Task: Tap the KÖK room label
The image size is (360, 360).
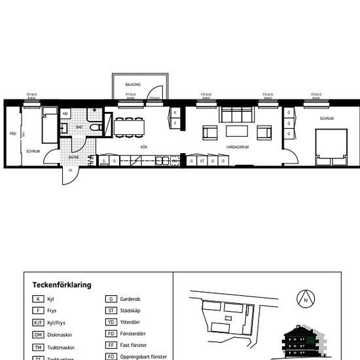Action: pos(143,147)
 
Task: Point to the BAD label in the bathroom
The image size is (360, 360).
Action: pos(79,126)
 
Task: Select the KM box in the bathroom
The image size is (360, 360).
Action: pos(65,114)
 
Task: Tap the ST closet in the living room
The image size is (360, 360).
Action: pos(203,160)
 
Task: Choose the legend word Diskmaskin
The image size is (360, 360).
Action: pos(62,334)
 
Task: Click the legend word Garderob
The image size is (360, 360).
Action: pos(133,298)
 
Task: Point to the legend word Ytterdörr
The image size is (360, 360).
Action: pos(133,322)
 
